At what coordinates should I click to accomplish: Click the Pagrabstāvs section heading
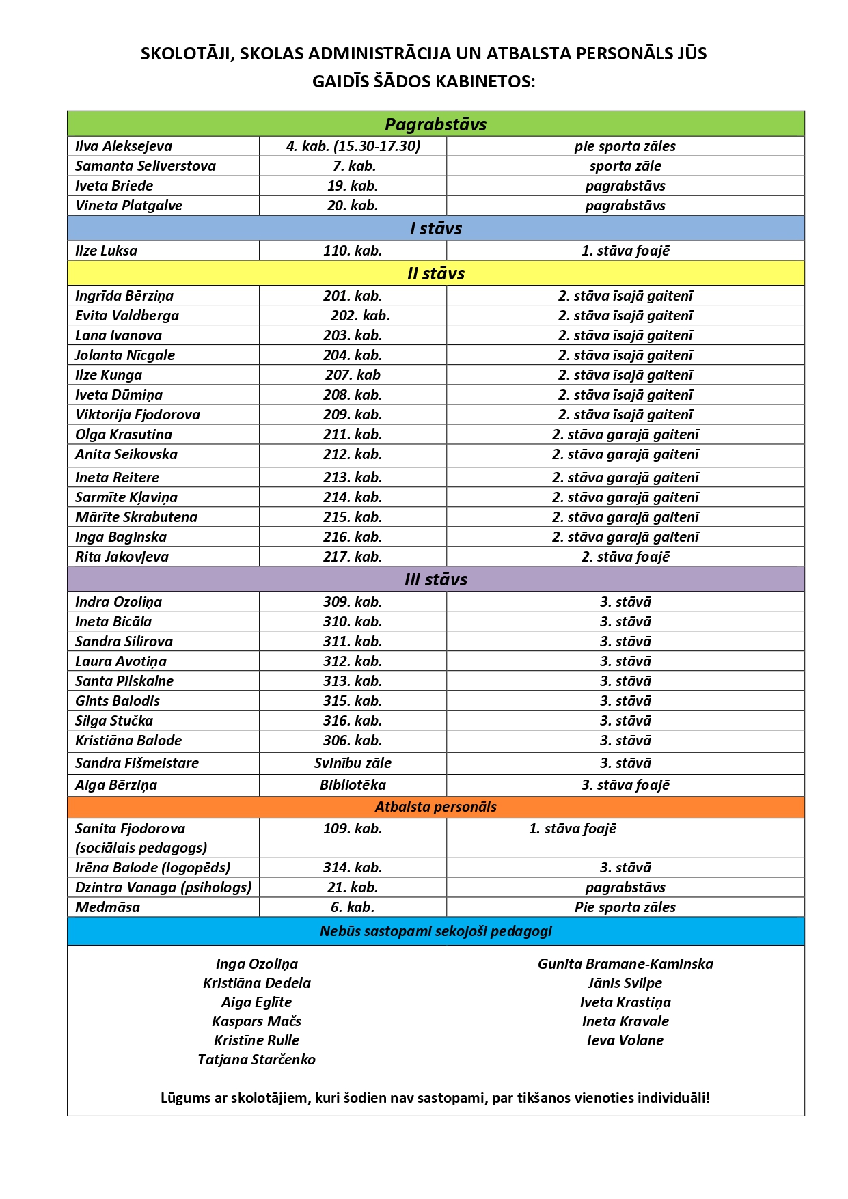(x=435, y=124)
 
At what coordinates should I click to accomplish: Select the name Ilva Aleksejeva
(x=124, y=146)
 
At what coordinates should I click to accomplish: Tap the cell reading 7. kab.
(x=353, y=166)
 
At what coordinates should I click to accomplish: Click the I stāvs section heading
(x=435, y=228)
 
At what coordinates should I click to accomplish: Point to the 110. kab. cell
(x=353, y=251)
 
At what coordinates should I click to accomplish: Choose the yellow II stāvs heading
(x=435, y=273)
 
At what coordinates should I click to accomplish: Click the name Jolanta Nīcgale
(x=125, y=355)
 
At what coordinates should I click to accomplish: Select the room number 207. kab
(x=353, y=375)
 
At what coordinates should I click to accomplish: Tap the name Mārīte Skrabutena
(x=136, y=517)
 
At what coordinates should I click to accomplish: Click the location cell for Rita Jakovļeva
(x=625, y=557)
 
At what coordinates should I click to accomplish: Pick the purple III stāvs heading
(x=435, y=579)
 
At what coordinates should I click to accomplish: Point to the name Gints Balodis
(x=118, y=701)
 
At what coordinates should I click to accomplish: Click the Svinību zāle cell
(x=353, y=763)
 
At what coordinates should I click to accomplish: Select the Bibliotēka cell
(x=353, y=785)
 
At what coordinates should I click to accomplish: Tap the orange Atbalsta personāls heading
(x=435, y=807)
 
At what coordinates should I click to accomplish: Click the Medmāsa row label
(x=107, y=907)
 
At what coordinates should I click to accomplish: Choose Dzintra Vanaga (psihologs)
(x=163, y=887)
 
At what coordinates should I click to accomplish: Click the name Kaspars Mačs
(x=256, y=1021)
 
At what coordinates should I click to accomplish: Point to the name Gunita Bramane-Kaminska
(x=625, y=964)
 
